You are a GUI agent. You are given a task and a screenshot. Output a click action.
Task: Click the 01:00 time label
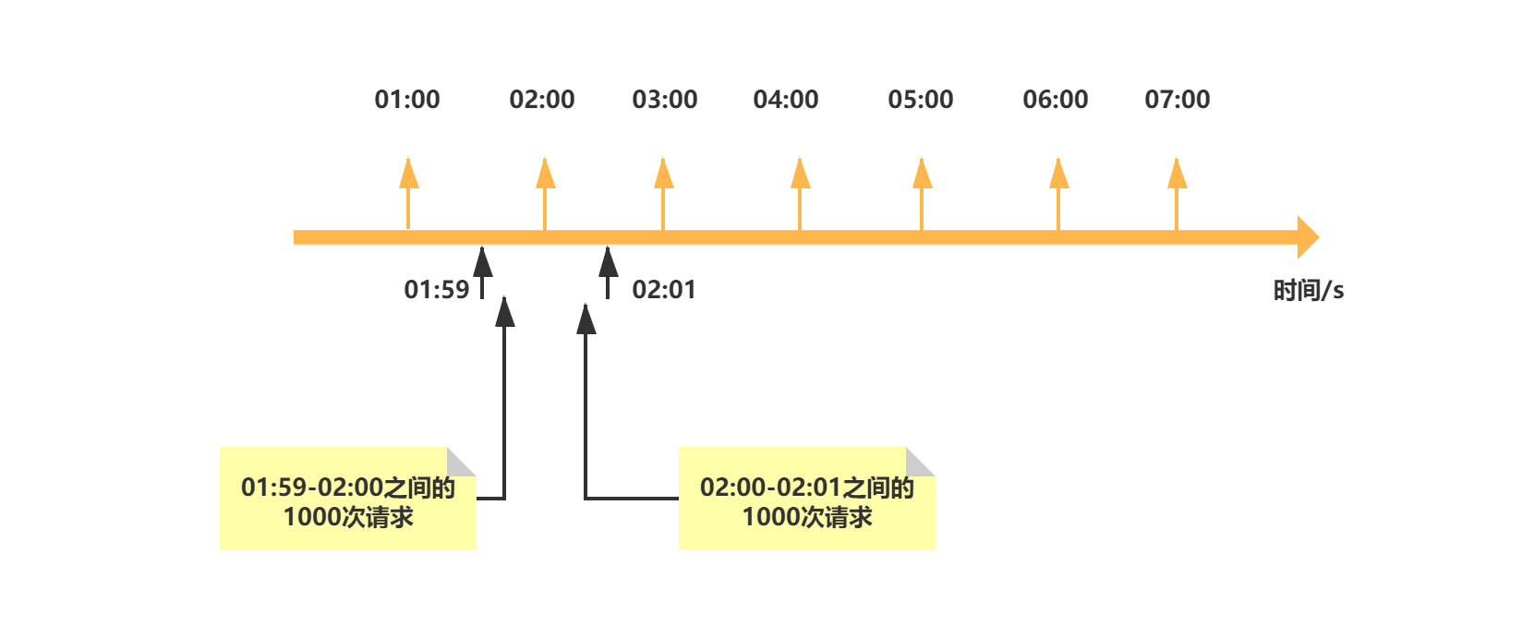pyautogui.click(x=407, y=99)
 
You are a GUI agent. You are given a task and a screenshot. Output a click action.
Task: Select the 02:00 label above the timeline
pyautogui.click(x=541, y=99)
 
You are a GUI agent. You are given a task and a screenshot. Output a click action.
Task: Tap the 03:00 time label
pyautogui.click(x=665, y=99)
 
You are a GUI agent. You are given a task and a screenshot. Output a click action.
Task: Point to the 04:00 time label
pyautogui.click(x=785, y=99)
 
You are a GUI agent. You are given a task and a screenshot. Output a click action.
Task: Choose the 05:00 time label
pyautogui.click(x=921, y=99)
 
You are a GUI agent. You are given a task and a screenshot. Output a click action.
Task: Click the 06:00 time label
pyautogui.click(x=1056, y=99)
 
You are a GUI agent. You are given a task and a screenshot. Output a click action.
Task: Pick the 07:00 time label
pyautogui.click(x=1177, y=99)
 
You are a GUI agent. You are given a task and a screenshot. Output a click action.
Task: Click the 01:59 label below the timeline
pyautogui.click(x=436, y=290)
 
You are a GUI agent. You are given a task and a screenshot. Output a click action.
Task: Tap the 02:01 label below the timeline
pyautogui.click(x=664, y=290)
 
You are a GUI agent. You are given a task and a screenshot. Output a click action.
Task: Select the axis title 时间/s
pyautogui.click(x=1308, y=291)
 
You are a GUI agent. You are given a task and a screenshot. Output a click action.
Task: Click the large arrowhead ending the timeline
pyautogui.click(x=1308, y=237)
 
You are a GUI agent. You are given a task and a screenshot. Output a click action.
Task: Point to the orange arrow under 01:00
pyautogui.click(x=408, y=194)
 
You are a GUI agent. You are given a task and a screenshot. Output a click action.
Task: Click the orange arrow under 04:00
pyautogui.click(x=800, y=194)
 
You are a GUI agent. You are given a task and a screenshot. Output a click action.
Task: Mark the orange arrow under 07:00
pyautogui.click(x=1177, y=194)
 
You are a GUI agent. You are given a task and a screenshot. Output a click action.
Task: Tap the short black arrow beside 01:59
pyautogui.click(x=482, y=272)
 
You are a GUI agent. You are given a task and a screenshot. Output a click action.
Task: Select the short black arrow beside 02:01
pyautogui.click(x=608, y=272)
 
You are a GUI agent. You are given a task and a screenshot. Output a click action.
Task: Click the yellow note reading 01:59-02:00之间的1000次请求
pyautogui.click(x=348, y=499)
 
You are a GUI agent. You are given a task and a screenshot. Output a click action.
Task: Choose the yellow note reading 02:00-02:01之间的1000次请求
pyautogui.click(x=807, y=499)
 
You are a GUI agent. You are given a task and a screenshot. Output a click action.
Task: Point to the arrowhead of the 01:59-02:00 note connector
pyautogui.click(x=505, y=312)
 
